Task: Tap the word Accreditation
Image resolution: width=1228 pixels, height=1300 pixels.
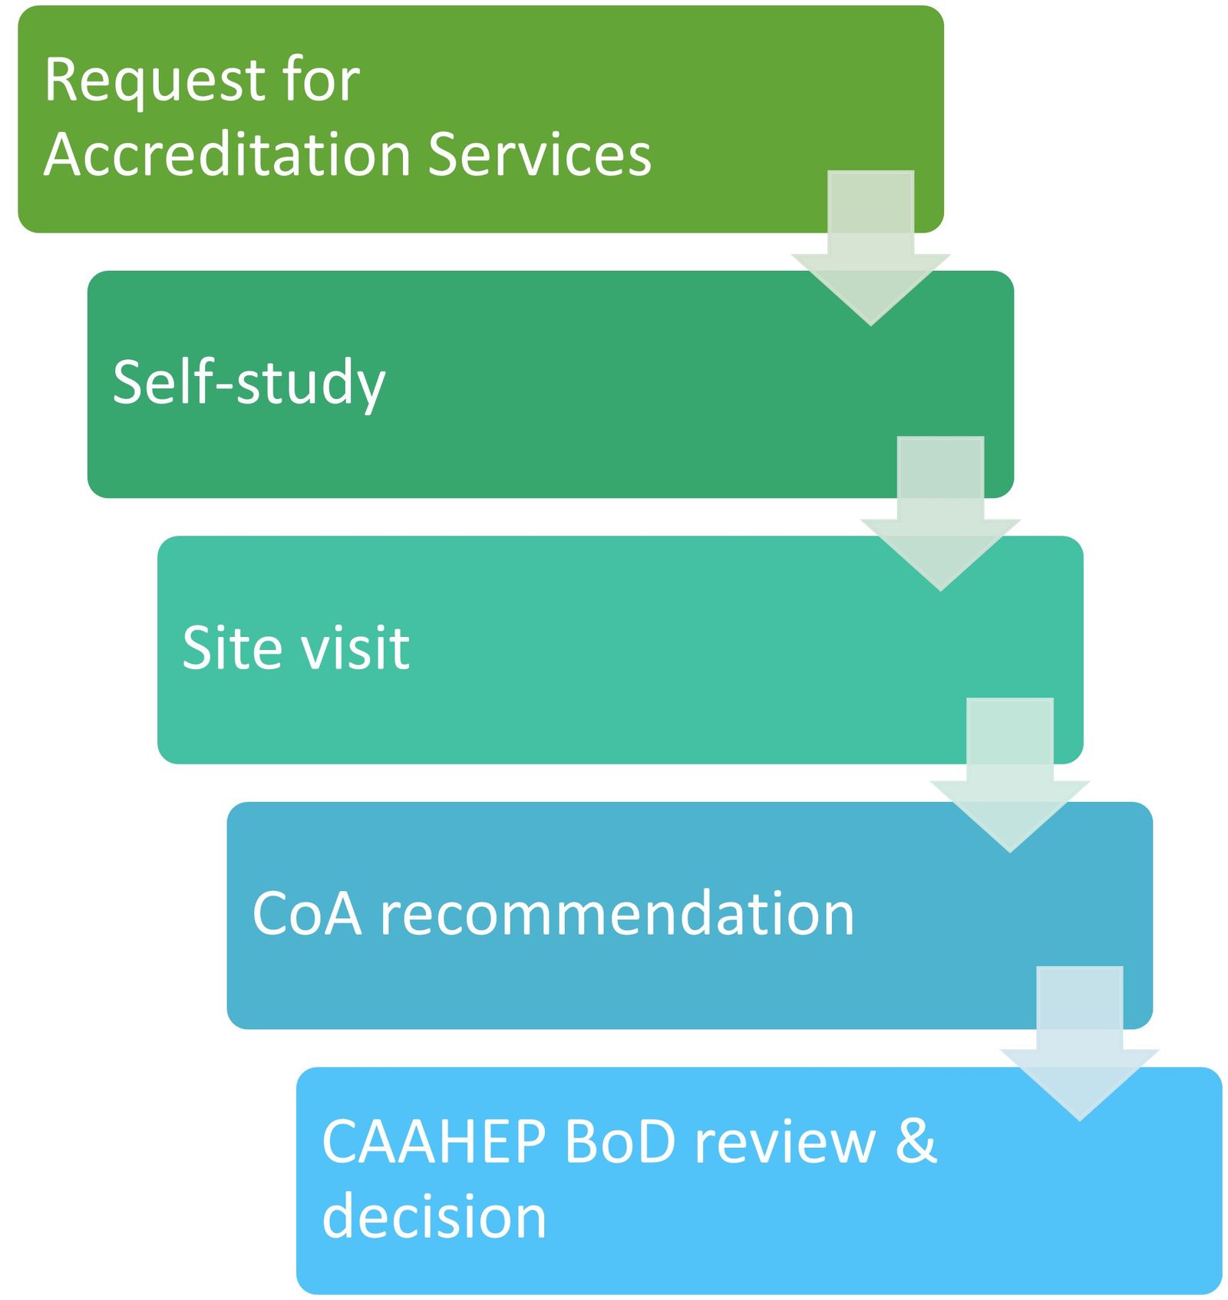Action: (x=227, y=154)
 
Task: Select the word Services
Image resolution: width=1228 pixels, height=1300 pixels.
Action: (x=539, y=154)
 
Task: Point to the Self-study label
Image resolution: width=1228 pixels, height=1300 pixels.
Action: (x=249, y=382)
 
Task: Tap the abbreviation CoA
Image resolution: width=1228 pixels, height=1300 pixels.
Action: (x=306, y=913)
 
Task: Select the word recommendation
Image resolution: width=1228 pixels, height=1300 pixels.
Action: (x=617, y=913)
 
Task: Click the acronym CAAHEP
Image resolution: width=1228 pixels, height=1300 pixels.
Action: (x=434, y=1141)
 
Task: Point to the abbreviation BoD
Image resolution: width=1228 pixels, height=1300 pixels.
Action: (x=619, y=1141)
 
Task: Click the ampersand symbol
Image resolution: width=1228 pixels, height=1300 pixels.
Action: (x=916, y=1141)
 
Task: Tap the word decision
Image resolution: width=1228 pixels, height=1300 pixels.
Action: (x=434, y=1216)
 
